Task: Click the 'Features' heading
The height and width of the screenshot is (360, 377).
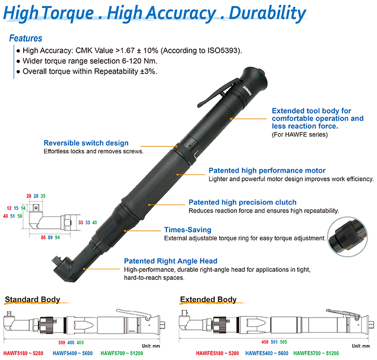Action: pos(26,38)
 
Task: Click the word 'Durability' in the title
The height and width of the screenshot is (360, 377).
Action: pos(267,13)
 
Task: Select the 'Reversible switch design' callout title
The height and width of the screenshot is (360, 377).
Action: pos(86,143)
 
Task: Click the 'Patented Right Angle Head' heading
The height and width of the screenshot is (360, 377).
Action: pos(166,260)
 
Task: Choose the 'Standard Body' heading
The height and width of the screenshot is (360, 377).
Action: pos(32,299)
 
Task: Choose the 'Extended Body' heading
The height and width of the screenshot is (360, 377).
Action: pos(208,299)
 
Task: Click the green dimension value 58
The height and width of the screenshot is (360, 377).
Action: pos(20,216)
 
